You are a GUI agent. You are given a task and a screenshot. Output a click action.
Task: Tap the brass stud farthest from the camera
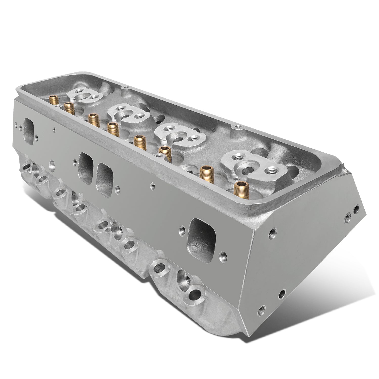pyautogui.click(x=54, y=100)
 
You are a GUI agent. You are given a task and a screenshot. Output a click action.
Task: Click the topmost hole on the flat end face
pyautogui.click(x=357, y=209)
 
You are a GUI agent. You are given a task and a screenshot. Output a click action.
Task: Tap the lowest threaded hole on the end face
pyautogui.click(x=262, y=308)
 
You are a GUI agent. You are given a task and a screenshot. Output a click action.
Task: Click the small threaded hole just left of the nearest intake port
pyautogui.click(x=181, y=229)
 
